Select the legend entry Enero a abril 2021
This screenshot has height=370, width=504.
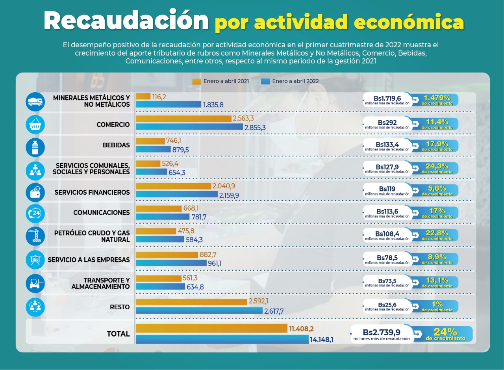[220, 81]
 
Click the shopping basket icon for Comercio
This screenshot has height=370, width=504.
[35, 125]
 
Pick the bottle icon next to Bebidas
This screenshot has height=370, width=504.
[35, 147]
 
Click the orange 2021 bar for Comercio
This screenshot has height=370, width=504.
[183, 118]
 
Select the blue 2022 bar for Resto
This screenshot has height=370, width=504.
[199, 311]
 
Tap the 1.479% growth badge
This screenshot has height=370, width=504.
[437, 99]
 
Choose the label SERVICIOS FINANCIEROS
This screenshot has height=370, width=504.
[92, 192]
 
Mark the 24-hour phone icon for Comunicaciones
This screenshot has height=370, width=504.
[35, 213]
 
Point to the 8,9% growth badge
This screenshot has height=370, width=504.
[437, 259]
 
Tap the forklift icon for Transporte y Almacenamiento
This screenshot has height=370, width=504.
[35, 283]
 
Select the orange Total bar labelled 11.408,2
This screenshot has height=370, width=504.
[211, 329]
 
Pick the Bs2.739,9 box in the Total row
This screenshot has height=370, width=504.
[382, 334]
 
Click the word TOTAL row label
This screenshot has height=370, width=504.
[118, 334]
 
